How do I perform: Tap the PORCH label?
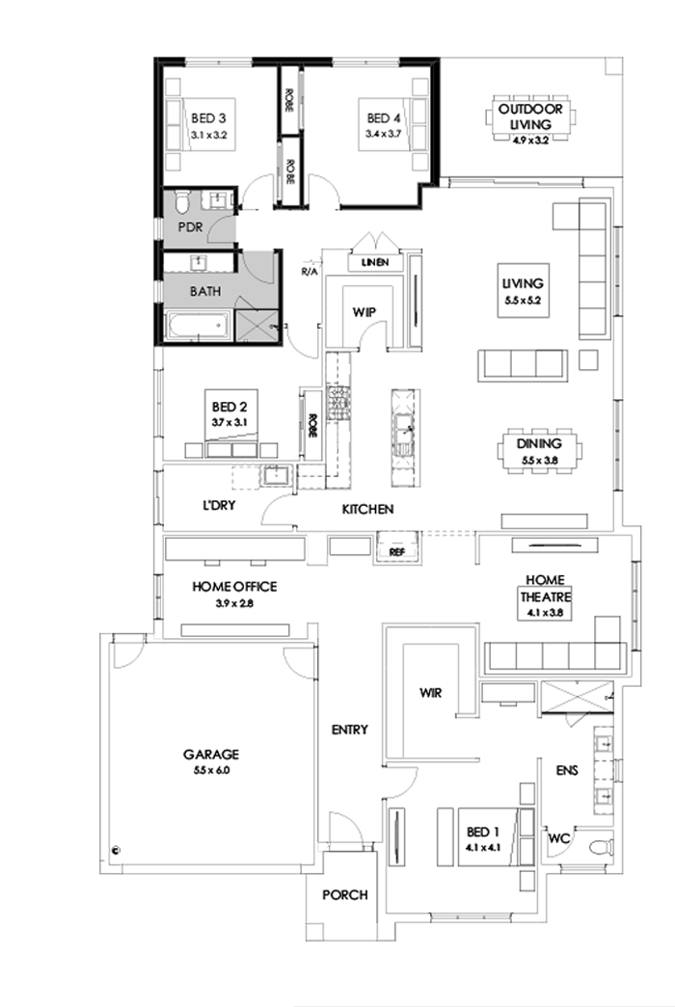(x=344, y=895)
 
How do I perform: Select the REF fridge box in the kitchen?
(x=396, y=552)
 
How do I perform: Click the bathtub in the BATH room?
(x=199, y=327)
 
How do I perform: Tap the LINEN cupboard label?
(x=374, y=262)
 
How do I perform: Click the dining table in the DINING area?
(x=538, y=451)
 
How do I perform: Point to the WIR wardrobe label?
(x=430, y=691)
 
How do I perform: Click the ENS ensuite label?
(x=568, y=771)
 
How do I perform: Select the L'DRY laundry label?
(x=219, y=504)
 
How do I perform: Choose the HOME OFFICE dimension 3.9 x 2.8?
(x=234, y=604)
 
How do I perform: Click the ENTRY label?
(x=349, y=730)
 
